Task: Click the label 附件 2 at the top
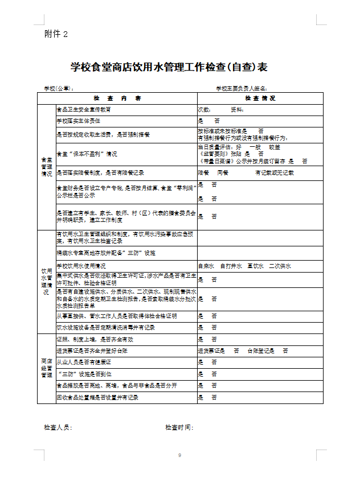[x=56, y=34]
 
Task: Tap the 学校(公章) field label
[x=59, y=89]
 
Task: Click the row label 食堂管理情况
[x=47, y=167]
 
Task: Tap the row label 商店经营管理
[x=47, y=368]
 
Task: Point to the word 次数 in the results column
[x=204, y=109]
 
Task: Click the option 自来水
[x=206, y=266]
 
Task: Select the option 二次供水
[x=280, y=266]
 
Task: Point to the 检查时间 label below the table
[x=179, y=427]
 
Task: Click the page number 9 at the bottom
[x=179, y=455]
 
